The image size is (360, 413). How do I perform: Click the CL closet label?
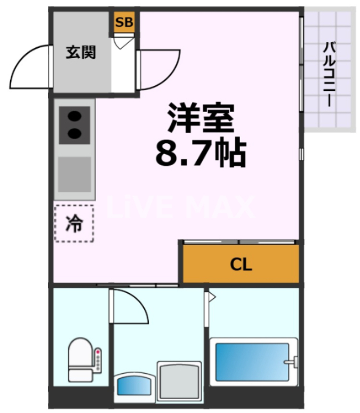tap(241, 264)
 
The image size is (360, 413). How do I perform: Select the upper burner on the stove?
tap(74, 115)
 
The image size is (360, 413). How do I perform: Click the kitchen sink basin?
tap(74, 173)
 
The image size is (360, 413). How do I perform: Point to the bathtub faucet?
tap(290, 362)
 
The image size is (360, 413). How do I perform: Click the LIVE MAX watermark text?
tap(181, 208)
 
